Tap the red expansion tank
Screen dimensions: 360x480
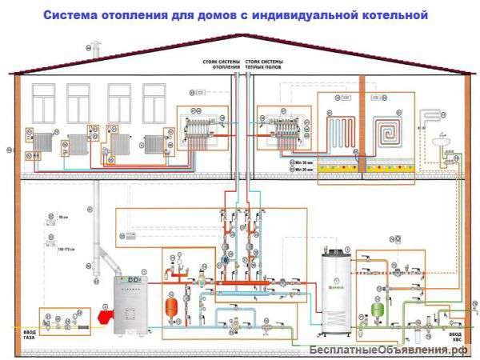pyautogui.click(x=170, y=307)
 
